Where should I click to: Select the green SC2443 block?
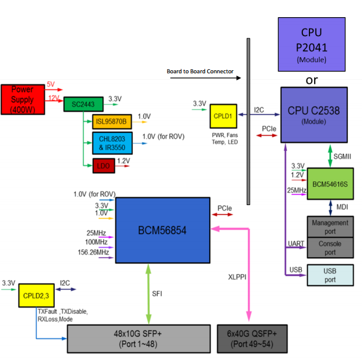click(x=83, y=104)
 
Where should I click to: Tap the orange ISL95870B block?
click(x=112, y=122)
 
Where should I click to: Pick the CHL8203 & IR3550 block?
click(x=112, y=143)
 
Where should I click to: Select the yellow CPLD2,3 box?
click(x=35, y=294)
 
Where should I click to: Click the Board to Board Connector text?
click(x=200, y=72)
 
